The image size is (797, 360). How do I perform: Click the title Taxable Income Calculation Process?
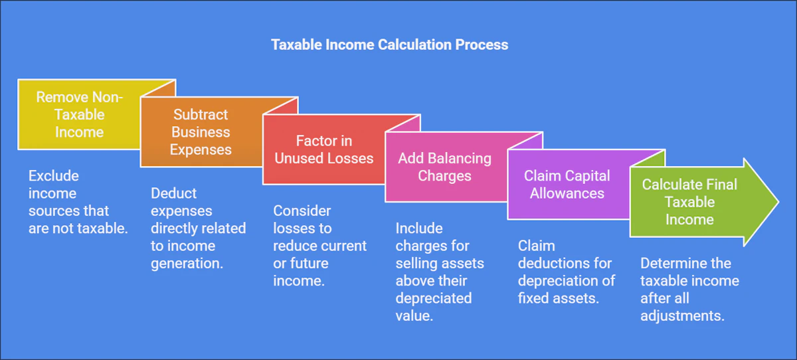pos(389,45)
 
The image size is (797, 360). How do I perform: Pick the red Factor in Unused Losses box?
pos(325,149)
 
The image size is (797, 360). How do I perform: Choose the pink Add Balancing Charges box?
pos(444,167)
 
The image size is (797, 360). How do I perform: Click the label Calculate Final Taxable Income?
pos(689,202)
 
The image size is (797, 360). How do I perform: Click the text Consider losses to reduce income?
pos(319,246)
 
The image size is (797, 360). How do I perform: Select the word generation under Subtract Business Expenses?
pos(187,263)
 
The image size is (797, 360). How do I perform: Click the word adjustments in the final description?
pos(681,315)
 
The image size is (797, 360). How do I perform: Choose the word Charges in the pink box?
pos(444,176)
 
